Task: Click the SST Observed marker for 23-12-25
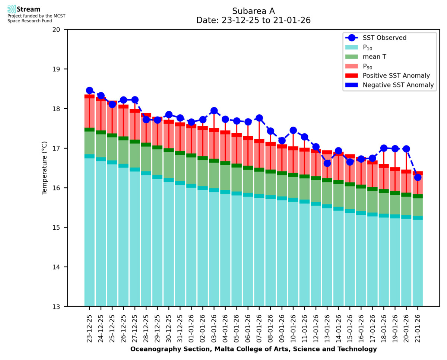click(x=89, y=90)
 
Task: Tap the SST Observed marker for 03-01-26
click(x=214, y=111)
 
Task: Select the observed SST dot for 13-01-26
click(x=327, y=163)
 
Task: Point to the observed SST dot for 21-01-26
click(x=418, y=177)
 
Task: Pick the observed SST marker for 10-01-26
click(x=293, y=130)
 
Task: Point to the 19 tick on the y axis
click(x=59, y=69)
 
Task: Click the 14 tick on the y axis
click(x=59, y=267)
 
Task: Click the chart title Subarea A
click(x=253, y=11)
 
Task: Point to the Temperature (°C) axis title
click(x=45, y=168)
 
